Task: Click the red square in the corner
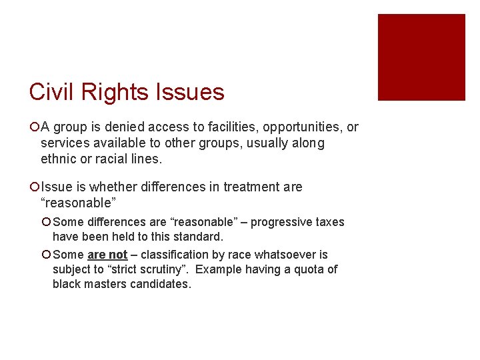pyautogui.click(x=421, y=57)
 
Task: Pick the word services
pyautogui.click(x=63, y=143)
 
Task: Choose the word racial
pyautogui.click(x=104, y=159)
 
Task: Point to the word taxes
pyautogui.click(x=327, y=222)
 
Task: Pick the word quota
pyautogui.click(x=309, y=269)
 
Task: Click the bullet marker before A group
pyautogui.click(x=35, y=127)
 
